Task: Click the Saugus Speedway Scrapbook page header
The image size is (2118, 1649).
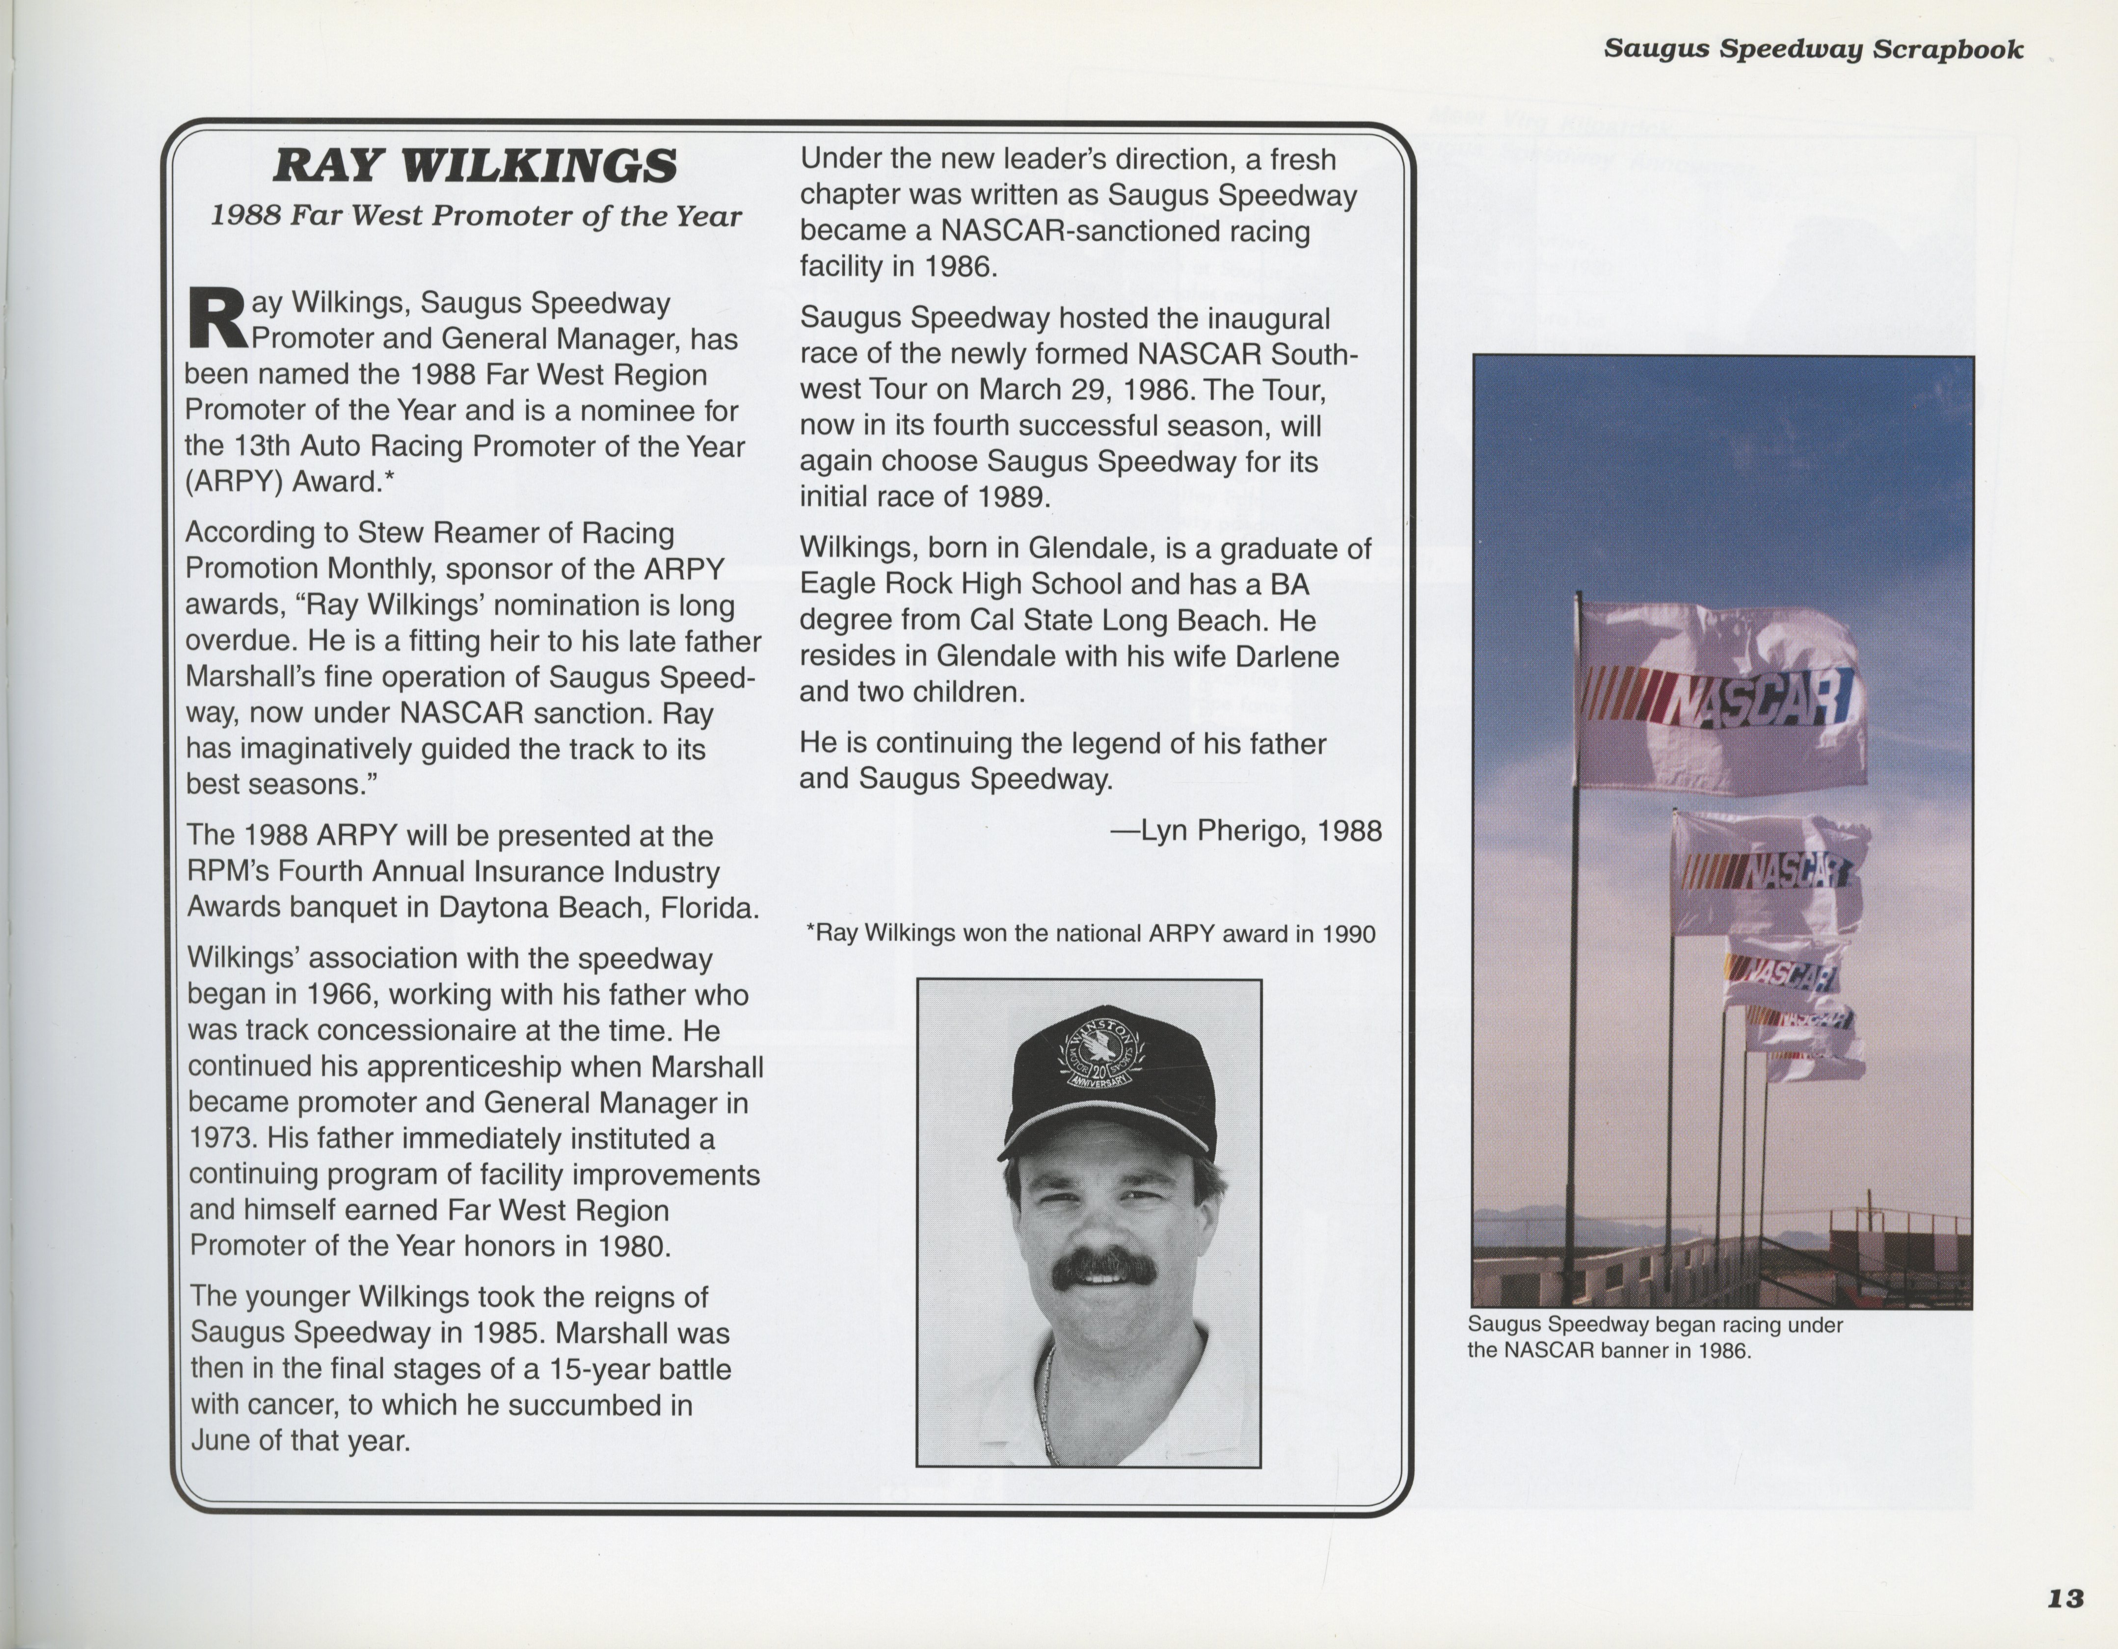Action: click(1813, 50)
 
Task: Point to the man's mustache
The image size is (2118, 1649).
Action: click(1105, 1270)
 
